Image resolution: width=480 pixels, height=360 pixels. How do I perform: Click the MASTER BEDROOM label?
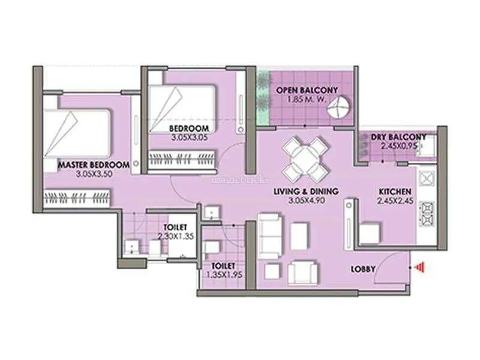click(94, 165)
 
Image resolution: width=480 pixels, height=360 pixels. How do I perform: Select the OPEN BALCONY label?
click(307, 91)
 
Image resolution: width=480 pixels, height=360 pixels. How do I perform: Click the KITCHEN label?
click(395, 191)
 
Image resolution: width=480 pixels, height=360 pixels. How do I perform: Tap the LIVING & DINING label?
click(306, 191)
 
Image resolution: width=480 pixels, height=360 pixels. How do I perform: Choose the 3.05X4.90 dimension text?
click(306, 201)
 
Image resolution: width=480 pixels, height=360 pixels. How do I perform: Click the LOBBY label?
click(363, 269)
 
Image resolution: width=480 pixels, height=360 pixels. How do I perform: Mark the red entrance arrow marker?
click(418, 268)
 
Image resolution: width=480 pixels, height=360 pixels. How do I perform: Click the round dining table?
click(305, 159)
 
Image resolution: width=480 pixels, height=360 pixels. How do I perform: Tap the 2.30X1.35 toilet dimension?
click(176, 236)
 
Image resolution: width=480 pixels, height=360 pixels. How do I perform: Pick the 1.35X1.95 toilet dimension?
click(224, 275)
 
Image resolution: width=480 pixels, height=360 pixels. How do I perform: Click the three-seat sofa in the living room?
click(269, 236)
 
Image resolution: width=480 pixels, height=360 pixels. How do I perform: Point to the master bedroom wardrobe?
click(77, 199)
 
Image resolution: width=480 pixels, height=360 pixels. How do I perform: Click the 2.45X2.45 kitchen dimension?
click(395, 201)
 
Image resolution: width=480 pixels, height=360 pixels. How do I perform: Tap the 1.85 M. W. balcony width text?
click(307, 100)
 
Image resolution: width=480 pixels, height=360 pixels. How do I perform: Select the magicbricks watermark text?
click(241, 179)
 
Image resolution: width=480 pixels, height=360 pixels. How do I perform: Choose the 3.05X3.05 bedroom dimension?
click(190, 137)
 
